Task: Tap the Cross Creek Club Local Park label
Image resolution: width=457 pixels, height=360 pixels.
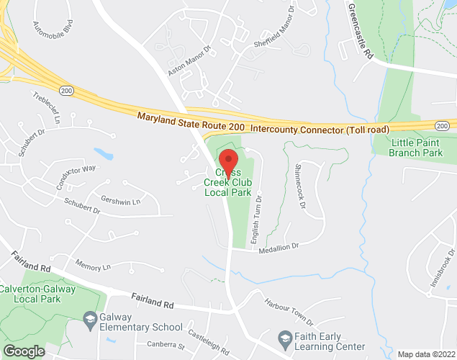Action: [228, 183]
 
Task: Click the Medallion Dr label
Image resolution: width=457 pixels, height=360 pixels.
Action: [279, 246]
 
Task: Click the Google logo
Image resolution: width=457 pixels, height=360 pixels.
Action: [23, 351]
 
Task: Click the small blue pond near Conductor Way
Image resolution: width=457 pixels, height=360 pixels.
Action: [103, 153]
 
